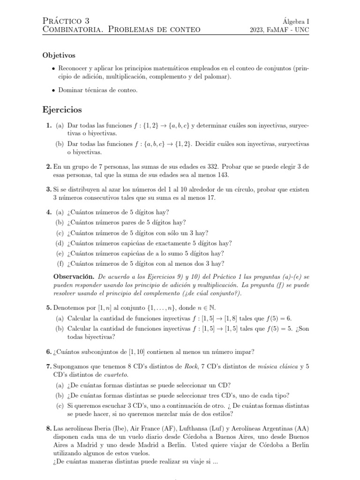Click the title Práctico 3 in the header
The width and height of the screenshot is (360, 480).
(66, 21)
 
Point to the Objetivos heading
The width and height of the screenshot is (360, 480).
(59, 55)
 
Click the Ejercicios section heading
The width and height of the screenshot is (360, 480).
(62, 110)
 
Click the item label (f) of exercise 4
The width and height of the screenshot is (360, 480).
(60, 263)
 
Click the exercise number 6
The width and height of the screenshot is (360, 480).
(49, 352)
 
